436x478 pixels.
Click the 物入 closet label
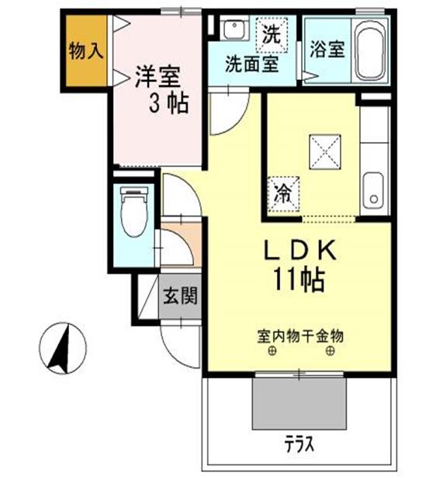pos(85,52)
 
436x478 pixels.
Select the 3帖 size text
pos(168,104)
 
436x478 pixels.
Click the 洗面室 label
pos(251,63)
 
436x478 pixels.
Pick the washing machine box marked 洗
pos(271,33)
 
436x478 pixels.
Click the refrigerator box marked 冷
pos(283,192)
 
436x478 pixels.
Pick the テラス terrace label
pos(298,445)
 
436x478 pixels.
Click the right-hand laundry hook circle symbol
pos(330,352)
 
